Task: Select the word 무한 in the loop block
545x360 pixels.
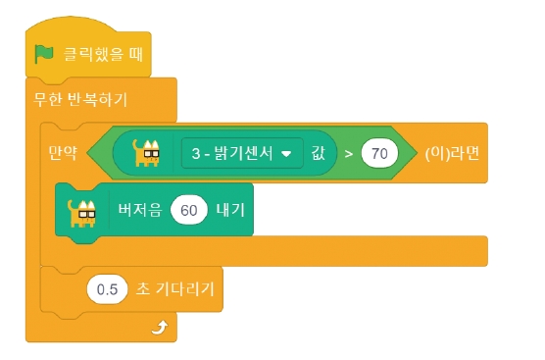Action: (49, 100)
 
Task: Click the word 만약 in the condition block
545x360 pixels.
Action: (62, 153)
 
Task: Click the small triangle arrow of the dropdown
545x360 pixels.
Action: (287, 154)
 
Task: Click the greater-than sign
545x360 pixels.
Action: (348, 154)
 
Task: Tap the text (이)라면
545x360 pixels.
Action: (451, 154)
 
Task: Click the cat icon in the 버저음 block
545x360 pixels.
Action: (81, 209)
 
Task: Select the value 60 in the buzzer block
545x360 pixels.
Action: (188, 209)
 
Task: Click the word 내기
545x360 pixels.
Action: (231, 209)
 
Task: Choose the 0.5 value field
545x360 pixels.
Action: (106, 289)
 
